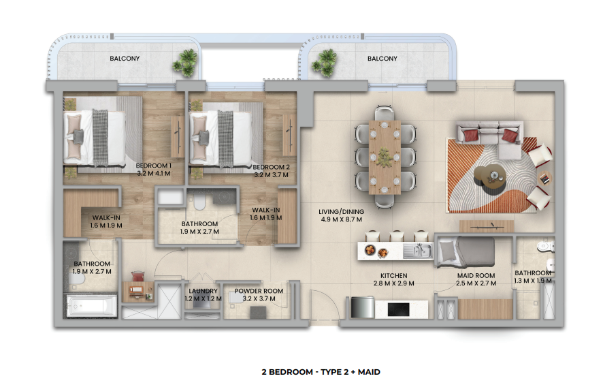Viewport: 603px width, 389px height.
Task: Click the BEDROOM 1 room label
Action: click(x=153, y=166)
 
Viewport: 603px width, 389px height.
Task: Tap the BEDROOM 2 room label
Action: click(x=271, y=168)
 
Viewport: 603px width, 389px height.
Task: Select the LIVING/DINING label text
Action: click(x=341, y=212)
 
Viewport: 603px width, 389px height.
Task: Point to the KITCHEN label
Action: click(x=394, y=276)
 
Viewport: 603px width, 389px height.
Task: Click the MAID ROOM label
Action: click(x=476, y=275)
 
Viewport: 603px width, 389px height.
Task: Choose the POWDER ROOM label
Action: click(x=259, y=291)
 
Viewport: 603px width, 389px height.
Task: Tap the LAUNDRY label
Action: click(x=203, y=291)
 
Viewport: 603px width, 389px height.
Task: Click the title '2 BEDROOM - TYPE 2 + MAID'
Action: click(x=321, y=372)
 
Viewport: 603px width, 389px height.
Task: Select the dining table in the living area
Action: click(x=385, y=157)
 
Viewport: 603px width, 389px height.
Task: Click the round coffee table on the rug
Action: click(x=490, y=178)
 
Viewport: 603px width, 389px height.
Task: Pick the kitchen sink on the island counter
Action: click(x=418, y=251)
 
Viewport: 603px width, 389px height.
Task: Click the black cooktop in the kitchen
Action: click(x=398, y=309)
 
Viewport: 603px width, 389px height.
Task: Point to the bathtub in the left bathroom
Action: click(x=91, y=307)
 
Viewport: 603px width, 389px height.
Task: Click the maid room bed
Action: click(x=466, y=253)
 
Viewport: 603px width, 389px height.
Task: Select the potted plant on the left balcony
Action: click(x=186, y=63)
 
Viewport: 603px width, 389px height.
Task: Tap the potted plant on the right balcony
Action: click(x=325, y=63)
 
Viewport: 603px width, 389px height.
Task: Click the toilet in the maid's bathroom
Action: click(x=546, y=245)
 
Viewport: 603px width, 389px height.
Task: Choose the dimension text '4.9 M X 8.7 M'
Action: click(x=341, y=219)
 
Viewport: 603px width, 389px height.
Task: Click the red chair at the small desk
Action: click(x=138, y=277)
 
